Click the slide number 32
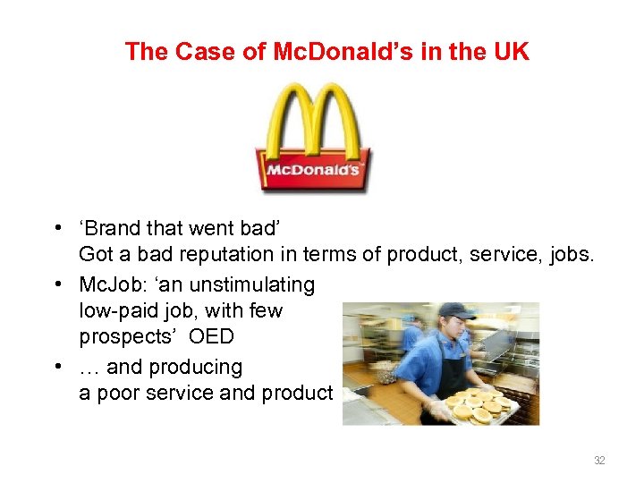point(599,461)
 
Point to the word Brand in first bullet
point(114,229)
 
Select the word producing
point(197,367)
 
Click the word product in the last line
point(301,394)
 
